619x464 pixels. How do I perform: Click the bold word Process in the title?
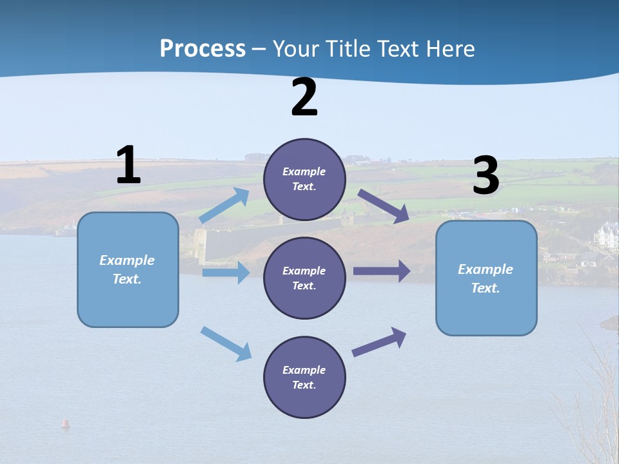click(x=202, y=49)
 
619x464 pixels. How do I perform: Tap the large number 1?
click(x=128, y=165)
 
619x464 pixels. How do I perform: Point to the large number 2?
click(x=304, y=98)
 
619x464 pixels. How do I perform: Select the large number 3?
click(x=486, y=175)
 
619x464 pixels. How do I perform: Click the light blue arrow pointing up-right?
click(x=224, y=206)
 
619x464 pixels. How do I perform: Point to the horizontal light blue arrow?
click(x=226, y=273)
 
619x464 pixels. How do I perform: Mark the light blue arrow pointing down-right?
click(x=226, y=343)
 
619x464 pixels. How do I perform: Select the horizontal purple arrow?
click(x=382, y=271)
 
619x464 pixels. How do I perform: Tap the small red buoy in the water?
click(x=65, y=423)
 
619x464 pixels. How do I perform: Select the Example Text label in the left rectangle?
click(x=127, y=269)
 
